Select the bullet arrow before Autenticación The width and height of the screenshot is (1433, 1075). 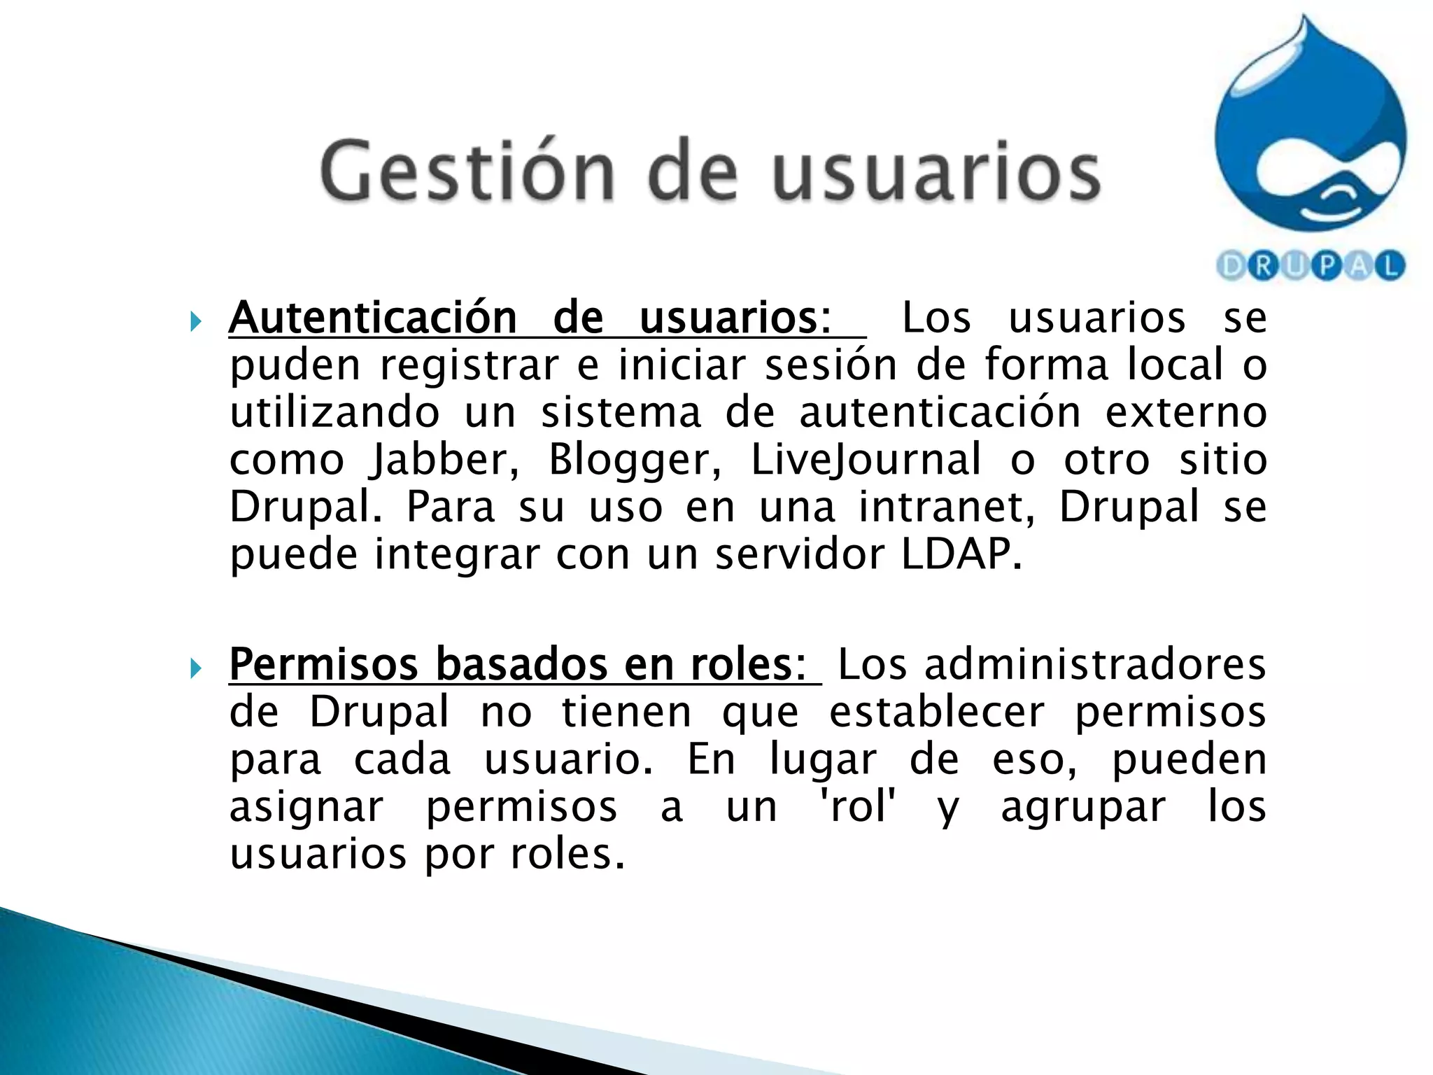[195, 322]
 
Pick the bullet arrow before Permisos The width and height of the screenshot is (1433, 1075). [195, 668]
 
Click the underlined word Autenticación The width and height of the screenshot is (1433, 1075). [372, 318]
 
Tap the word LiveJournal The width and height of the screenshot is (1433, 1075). [866, 461]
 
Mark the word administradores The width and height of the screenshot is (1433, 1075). [1096, 664]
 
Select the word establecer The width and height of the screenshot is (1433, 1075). [937, 712]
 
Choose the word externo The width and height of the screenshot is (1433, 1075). [1186, 412]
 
